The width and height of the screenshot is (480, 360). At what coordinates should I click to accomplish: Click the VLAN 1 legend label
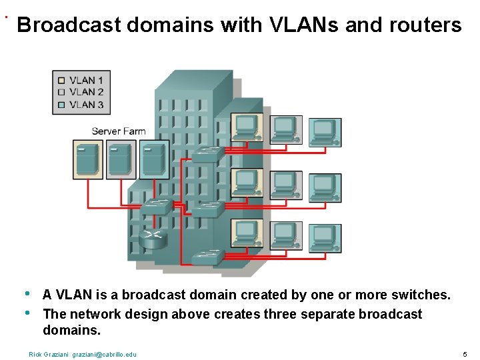[x=86, y=81]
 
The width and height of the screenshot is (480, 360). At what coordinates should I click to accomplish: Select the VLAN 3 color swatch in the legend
[x=61, y=105]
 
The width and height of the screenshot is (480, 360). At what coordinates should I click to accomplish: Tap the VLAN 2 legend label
[x=86, y=93]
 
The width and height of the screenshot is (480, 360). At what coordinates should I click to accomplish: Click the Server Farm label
[x=118, y=131]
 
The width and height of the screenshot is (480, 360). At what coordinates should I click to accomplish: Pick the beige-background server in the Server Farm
[x=87, y=160]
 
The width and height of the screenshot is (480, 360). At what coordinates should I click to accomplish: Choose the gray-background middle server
[x=120, y=160]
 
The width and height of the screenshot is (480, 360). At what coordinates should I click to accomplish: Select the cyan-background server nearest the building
[x=153, y=160]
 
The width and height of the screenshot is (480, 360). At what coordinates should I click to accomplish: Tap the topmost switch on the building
[x=208, y=154]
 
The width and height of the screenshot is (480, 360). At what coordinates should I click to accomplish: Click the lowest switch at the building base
[x=207, y=257]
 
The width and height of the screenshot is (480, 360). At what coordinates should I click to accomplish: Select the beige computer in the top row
[x=247, y=127]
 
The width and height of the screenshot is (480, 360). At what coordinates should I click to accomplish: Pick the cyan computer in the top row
[x=325, y=132]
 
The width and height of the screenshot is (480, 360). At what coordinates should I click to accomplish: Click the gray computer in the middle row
[x=286, y=185]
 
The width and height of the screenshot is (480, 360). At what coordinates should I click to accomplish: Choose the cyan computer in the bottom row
[x=325, y=238]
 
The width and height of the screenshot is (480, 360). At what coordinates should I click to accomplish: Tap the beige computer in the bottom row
[x=247, y=235]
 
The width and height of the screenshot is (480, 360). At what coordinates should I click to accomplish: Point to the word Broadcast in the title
[x=69, y=25]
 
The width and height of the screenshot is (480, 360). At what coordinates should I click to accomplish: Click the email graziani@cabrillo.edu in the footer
[x=104, y=354]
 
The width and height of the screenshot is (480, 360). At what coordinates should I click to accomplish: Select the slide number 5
[x=465, y=353]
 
